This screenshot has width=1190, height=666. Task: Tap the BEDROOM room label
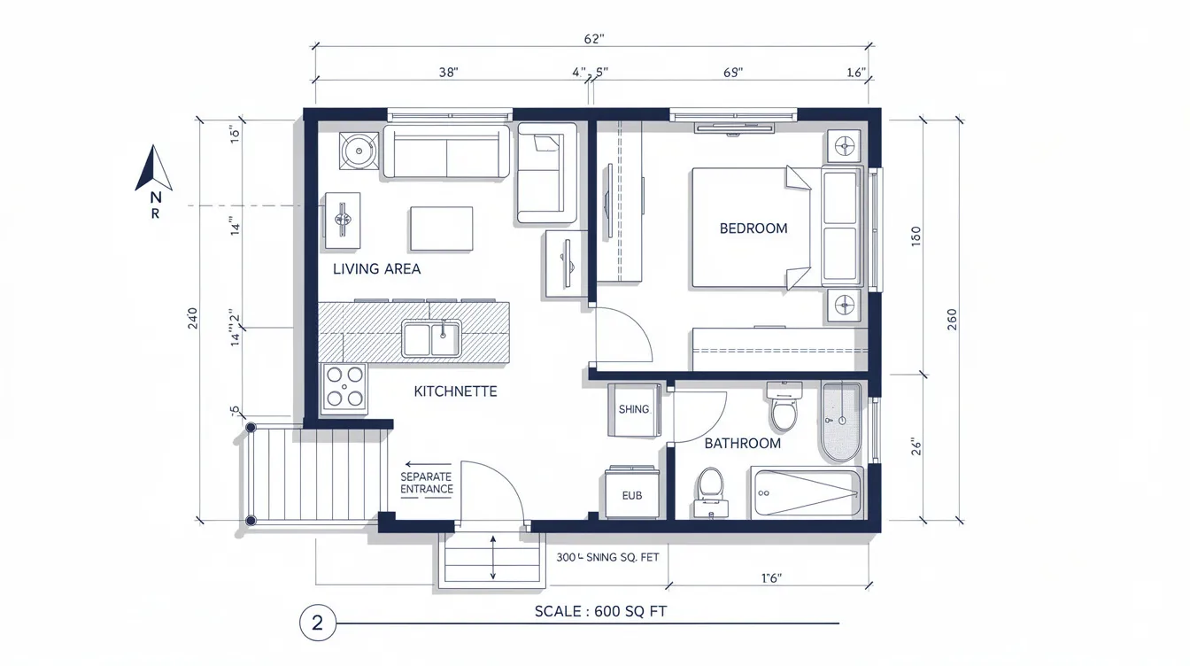click(753, 228)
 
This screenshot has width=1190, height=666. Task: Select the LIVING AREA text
click(376, 269)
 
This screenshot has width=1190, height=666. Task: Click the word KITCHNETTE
click(455, 391)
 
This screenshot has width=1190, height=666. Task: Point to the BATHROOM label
click(742, 444)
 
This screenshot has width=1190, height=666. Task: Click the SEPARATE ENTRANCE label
click(426, 483)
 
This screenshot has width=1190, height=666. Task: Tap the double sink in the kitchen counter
click(431, 339)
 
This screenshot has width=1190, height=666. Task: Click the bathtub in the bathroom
click(806, 492)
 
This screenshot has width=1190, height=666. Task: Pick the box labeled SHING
click(634, 409)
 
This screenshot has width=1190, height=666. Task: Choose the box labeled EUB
click(632, 495)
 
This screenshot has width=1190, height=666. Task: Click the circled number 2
click(318, 623)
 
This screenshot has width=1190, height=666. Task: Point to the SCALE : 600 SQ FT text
click(607, 612)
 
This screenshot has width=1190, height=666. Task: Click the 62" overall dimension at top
click(593, 39)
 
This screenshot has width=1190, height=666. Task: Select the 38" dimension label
click(448, 73)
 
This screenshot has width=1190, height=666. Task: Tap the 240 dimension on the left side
click(193, 319)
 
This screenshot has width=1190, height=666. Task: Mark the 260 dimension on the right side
click(952, 319)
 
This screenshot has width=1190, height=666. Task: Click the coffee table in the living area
click(441, 228)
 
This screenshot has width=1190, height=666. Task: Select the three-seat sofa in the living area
click(446, 153)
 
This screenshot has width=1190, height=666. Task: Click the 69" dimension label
click(732, 73)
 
